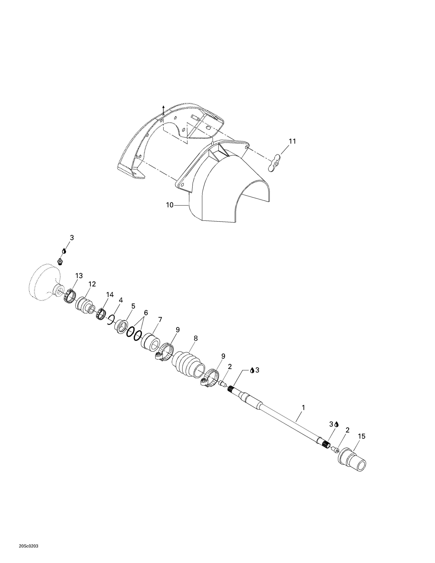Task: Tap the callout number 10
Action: pyautogui.click(x=170, y=205)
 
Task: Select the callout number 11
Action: pyautogui.click(x=292, y=141)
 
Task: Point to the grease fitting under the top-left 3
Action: pyautogui.click(x=60, y=261)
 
